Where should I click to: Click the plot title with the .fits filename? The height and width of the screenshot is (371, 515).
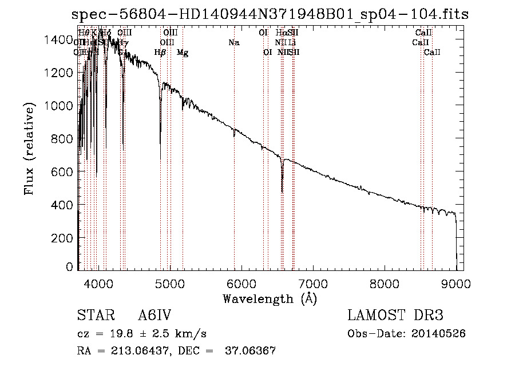[x=270, y=15]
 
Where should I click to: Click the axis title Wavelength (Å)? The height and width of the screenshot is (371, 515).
[x=270, y=298]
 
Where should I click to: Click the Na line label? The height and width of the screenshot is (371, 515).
[x=233, y=42]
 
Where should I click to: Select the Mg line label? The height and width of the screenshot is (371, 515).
[x=183, y=53]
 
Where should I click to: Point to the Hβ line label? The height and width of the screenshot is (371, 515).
[x=160, y=53]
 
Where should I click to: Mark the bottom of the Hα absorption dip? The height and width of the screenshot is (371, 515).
[x=282, y=192]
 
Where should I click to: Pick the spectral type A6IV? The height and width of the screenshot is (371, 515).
[x=154, y=316]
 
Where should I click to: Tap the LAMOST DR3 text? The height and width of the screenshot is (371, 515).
[x=395, y=316]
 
